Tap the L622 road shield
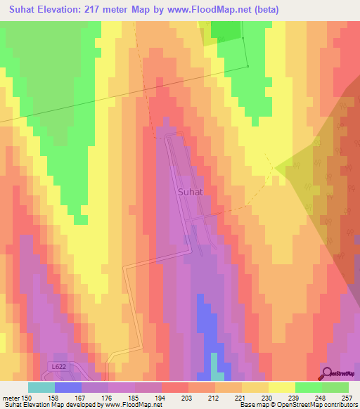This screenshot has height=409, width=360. tap(60, 367)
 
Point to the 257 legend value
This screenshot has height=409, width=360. tap(348, 398)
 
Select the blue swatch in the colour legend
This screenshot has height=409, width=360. tap(67, 387)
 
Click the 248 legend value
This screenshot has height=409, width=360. tap(321, 398)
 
